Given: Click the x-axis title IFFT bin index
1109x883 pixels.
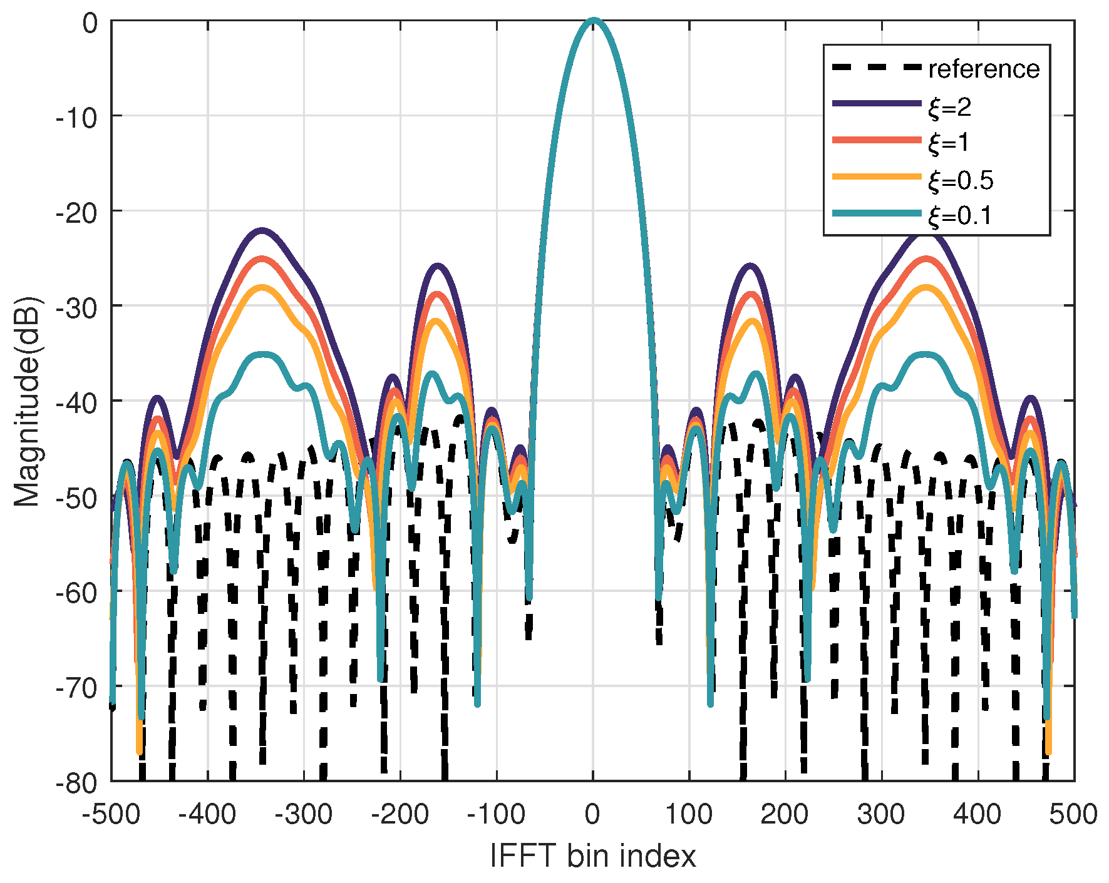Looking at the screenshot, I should tap(592, 855).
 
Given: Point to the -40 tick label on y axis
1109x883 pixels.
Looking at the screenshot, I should tap(77, 401).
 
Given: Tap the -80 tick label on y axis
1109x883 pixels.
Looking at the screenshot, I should tap(77, 782).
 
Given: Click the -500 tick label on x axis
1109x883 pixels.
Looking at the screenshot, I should tap(111, 815).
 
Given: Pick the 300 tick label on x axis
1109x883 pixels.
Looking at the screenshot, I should tap(881, 815).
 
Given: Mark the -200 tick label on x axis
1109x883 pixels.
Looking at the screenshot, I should tap(400, 815).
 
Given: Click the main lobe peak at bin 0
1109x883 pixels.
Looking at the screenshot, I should tap(593, 21).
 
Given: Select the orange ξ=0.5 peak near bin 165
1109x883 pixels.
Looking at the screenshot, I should tap(752, 321).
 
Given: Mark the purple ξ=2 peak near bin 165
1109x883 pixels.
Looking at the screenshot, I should tap(751, 266).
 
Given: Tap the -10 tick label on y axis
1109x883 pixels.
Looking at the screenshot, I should tap(77, 116).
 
